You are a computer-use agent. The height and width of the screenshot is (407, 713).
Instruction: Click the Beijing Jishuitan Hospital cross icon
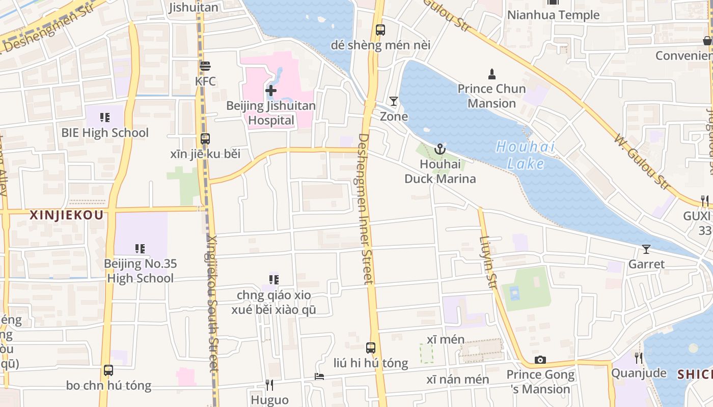tap(271, 91)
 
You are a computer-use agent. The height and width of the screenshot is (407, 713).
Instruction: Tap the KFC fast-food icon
tap(205, 66)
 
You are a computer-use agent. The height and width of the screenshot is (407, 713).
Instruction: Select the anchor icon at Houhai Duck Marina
tap(440, 149)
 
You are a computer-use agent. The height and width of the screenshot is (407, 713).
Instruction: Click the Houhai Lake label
tap(525, 155)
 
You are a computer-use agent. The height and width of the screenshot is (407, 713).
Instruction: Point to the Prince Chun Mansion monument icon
tap(491, 74)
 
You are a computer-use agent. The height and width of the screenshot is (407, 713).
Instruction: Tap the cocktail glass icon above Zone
tap(394, 101)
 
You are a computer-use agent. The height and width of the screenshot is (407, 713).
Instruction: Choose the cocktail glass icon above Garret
tap(646, 249)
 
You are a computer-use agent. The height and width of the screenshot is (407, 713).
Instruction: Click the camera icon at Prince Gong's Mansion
tap(540, 360)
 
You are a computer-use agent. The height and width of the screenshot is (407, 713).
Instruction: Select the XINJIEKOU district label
tap(67, 215)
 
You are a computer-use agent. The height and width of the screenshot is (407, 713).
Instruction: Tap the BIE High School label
tap(105, 133)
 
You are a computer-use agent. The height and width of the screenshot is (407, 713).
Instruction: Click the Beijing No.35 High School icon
tap(140, 249)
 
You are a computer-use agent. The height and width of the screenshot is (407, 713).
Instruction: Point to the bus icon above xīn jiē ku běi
tap(205, 138)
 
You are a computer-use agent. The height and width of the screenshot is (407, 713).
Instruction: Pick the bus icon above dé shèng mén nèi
tap(380, 30)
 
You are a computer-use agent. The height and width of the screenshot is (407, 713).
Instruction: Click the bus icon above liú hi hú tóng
tap(371, 348)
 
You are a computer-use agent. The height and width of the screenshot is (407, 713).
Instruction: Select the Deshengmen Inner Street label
tap(366, 209)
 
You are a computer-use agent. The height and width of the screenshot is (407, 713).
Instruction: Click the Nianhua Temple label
tap(553, 15)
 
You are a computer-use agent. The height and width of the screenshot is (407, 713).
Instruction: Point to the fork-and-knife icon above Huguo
tap(270, 385)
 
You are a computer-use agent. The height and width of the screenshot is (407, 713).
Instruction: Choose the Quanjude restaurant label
tap(639, 373)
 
